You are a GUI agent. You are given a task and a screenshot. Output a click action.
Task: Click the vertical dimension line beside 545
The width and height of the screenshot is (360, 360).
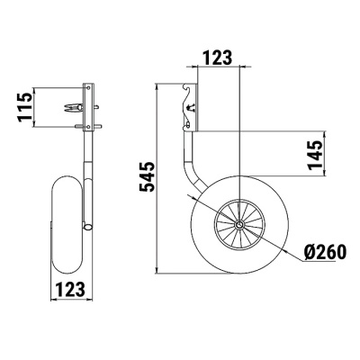(159, 181)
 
